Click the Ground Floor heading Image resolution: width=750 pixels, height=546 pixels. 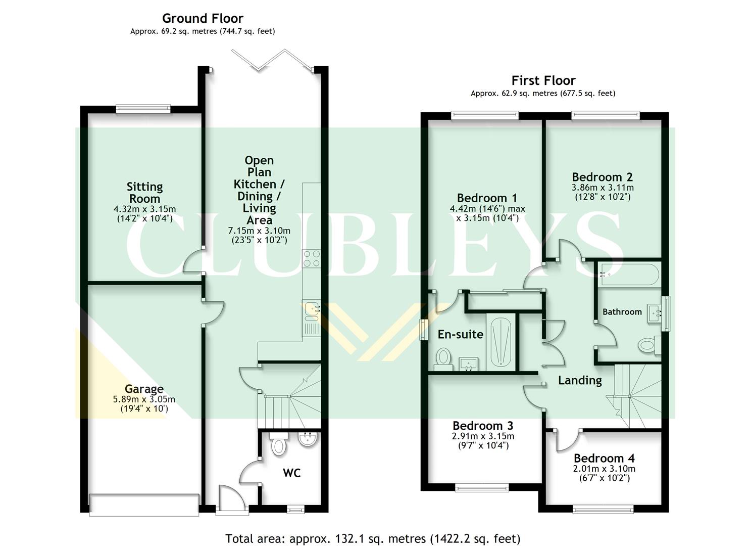coord(203,19)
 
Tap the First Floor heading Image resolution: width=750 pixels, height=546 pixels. coord(543,81)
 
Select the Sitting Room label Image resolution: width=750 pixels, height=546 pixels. coord(144,193)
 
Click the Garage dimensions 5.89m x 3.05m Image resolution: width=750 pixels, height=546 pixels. coord(144,399)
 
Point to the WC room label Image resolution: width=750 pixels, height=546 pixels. coord(291,473)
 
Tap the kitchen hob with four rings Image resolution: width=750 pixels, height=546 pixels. coord(311,259)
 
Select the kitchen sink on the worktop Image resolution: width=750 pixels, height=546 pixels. coord(312,309)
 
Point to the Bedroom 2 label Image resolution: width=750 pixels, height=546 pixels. coord(602,177)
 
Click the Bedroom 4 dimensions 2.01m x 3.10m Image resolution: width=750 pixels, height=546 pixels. coord(604,469)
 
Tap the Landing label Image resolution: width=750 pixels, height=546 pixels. coord(580,380)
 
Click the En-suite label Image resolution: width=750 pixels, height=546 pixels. coord(460,334)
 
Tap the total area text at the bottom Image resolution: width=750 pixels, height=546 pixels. coord(373,538)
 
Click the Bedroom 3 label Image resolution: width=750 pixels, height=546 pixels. coord(483,426)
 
